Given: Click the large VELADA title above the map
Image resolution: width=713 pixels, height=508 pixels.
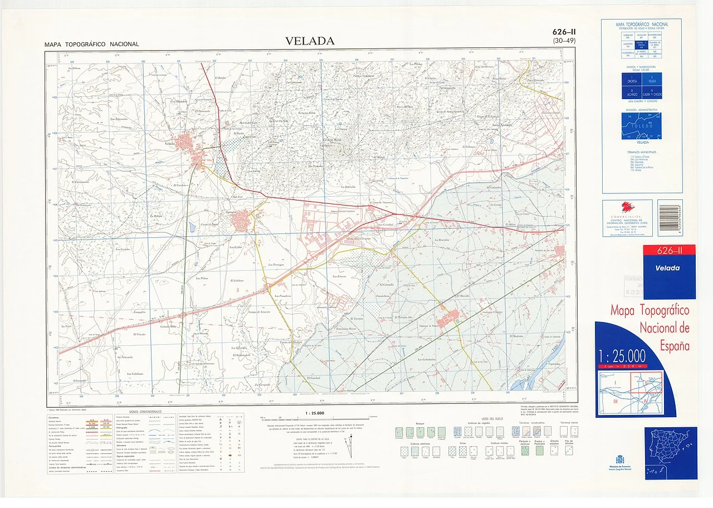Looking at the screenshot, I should pyautogui.click(x=310, y=41).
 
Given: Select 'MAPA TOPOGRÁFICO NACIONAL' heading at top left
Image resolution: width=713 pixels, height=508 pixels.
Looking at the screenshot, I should pyautogui.click(x=92, y=44).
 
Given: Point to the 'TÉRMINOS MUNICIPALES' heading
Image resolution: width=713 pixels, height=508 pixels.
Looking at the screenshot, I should pyautogui.click(x=642, y=152).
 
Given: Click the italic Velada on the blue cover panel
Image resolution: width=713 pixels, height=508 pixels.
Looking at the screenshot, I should pyautogui.click(x=667, y=268).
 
